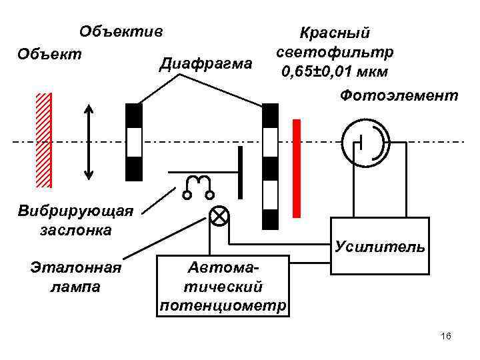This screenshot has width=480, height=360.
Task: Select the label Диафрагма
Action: [x=207, y=65]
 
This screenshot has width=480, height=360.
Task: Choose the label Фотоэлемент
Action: [x=399, y=97]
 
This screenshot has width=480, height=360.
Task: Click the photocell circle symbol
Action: [x=363, y=143]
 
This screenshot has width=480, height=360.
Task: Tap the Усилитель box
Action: [x=378, y=247]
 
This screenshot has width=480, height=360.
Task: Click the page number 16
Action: [x=446, y=336]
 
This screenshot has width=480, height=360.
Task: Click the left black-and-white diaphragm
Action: [x=134, y=141]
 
